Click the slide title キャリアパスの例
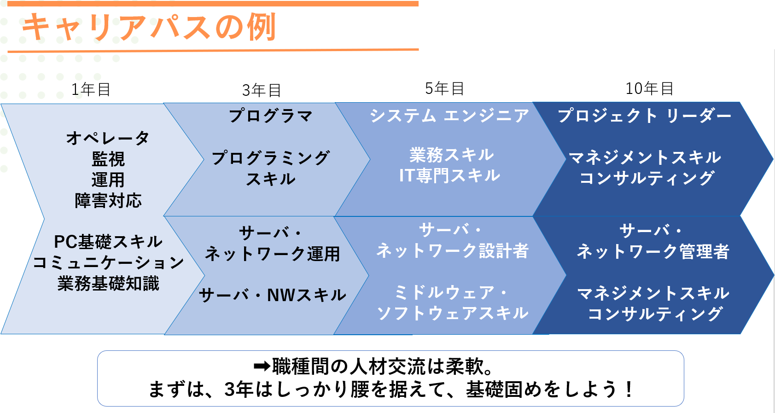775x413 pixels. [149, 27]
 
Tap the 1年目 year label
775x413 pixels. [91, 89]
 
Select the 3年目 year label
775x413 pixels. [262, 90]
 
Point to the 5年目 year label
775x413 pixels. [444, 88]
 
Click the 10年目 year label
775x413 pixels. [649, 88]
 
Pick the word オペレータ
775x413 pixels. [108, 138]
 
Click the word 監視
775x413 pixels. [108, 159]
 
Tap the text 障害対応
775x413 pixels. [108, 201]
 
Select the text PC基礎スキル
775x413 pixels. [108, 242]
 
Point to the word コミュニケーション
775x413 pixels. [108, 262]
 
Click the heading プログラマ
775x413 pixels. [271, 116]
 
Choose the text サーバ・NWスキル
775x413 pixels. [272, 295]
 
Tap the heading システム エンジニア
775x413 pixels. [449, 115]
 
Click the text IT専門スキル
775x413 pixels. [449, 175]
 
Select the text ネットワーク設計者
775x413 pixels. [453, 250]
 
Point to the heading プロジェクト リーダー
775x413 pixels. [645, 115]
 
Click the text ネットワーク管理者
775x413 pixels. [653, 251]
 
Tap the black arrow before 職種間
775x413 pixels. [262, 366]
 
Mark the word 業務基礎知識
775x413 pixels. [108, 284]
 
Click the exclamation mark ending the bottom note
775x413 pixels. [629, 389]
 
